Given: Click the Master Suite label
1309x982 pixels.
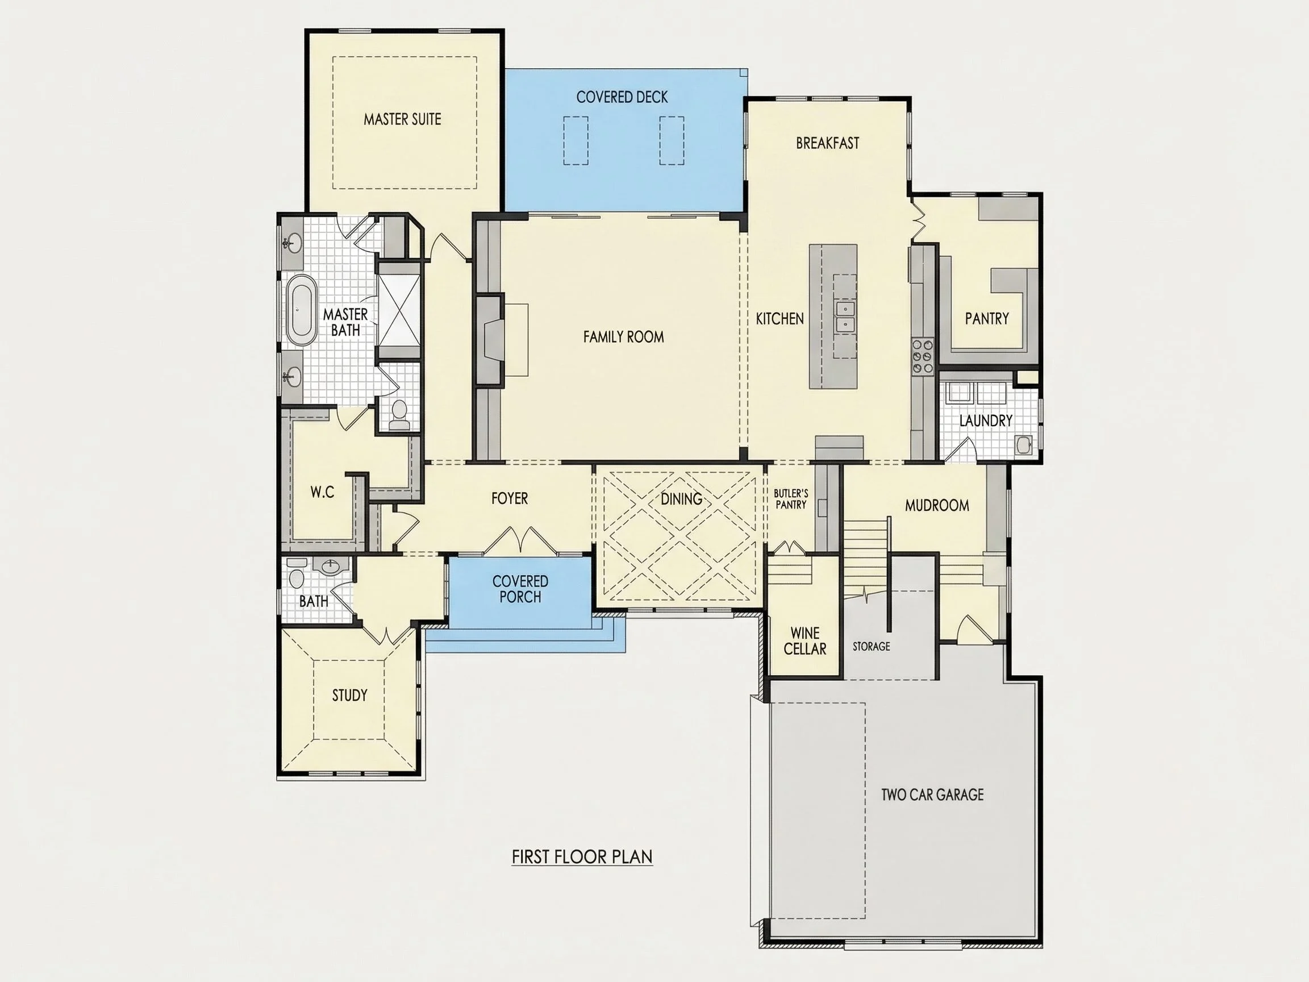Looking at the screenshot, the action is click(402, 119).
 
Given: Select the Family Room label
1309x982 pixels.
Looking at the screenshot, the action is click(623, 337).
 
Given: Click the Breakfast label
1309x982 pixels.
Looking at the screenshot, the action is click(827, 143).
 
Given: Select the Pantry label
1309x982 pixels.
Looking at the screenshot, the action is click(986, 319).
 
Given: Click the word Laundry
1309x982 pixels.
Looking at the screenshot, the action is click(985, 421).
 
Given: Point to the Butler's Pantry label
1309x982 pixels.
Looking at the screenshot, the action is click(791, 499).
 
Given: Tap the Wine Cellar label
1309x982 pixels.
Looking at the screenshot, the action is click(805, 642).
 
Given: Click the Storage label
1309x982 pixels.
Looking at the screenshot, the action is click(871, 646).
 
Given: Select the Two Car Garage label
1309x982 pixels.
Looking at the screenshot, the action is click(932, 795).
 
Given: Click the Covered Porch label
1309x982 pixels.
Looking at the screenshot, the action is click(520, 589).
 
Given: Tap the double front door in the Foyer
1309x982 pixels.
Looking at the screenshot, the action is click(520, 540).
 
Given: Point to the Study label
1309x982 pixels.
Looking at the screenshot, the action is click(350, 696).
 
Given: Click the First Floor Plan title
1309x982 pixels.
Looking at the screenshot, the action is click(582, 857).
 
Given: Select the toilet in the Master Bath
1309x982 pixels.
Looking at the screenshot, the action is click(399, 414).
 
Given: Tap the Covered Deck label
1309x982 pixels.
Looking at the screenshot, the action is click(622, 97).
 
